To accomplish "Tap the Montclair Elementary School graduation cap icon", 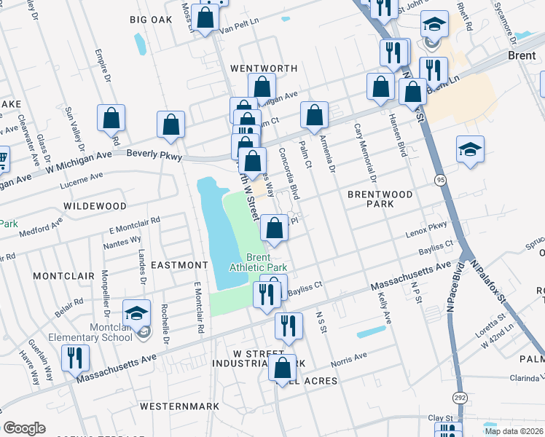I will point(136,313).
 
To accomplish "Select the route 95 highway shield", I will point(439,179).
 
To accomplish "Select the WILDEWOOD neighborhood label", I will point(95,206).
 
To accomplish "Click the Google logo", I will point(24,428).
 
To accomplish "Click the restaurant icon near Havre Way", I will point(75,358).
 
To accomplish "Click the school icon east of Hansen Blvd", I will point(470,150).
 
